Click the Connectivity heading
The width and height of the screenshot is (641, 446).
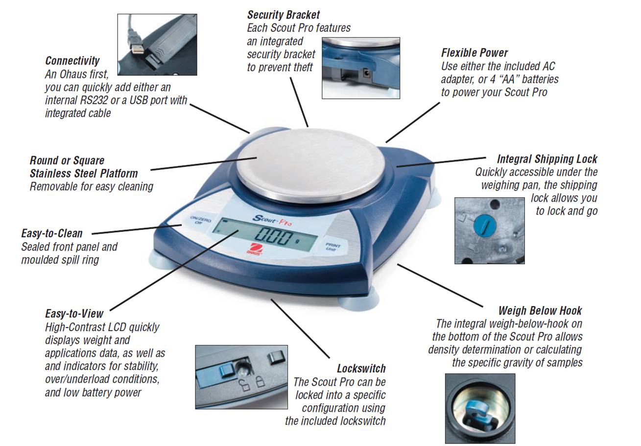point(72,61)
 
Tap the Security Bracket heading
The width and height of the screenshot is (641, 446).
point(283,15)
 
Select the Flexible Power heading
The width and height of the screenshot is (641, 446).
point(474,53)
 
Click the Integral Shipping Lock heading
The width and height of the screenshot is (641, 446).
point(547,159)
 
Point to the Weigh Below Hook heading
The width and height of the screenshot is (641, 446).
point(540,310)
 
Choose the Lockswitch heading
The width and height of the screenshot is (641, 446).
point(361,369)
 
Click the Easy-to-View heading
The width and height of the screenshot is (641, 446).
point(74,314)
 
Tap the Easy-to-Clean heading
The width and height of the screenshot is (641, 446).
point(52,234)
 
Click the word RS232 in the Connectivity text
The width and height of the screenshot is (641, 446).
point(90,100)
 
